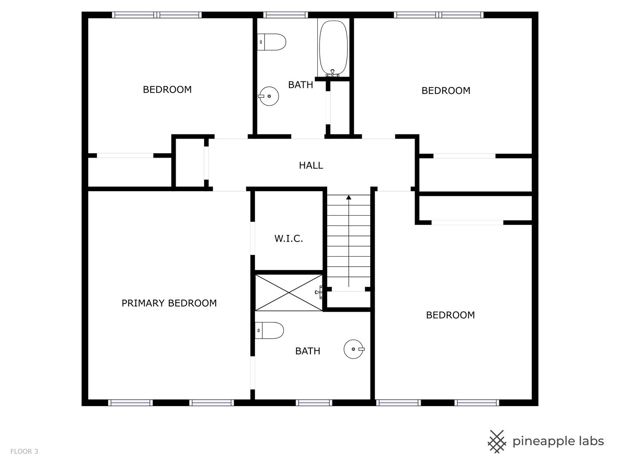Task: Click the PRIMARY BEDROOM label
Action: tap(169, 303)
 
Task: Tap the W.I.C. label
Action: tap(288, 239)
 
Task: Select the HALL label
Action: tap(311, 165)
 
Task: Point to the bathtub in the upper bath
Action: tap(333, 47)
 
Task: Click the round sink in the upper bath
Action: tap(269, 96)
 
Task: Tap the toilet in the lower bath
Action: tap(270, 331)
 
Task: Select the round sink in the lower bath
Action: tap(353, 349)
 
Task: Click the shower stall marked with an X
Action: tap(288, 293)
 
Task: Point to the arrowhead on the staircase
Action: tap(349, 198)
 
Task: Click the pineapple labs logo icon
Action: tap(497, 441)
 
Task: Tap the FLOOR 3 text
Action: tap(24, 452)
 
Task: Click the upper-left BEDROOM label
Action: tap(167, 90)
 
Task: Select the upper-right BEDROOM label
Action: tap(446, 90)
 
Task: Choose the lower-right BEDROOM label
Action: tap(450, 315)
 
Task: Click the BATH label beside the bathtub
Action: tap(301, 85)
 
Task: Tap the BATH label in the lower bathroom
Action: tap(307, 351)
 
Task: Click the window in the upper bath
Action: tap(285, 15)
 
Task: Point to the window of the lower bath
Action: tap(314, 403)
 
